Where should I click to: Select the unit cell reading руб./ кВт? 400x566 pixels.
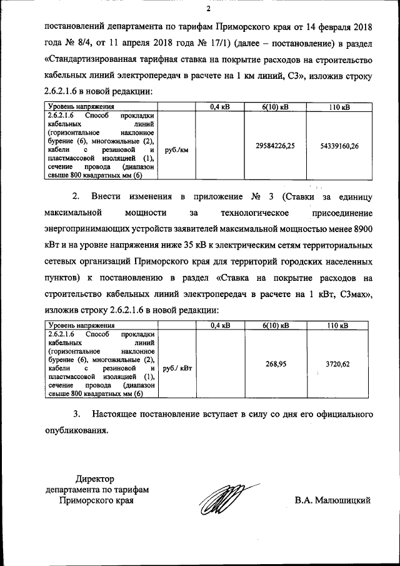coord(177,369)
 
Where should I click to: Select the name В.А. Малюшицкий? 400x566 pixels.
coord(333,500)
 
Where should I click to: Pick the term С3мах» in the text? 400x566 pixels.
coord(355,295)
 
